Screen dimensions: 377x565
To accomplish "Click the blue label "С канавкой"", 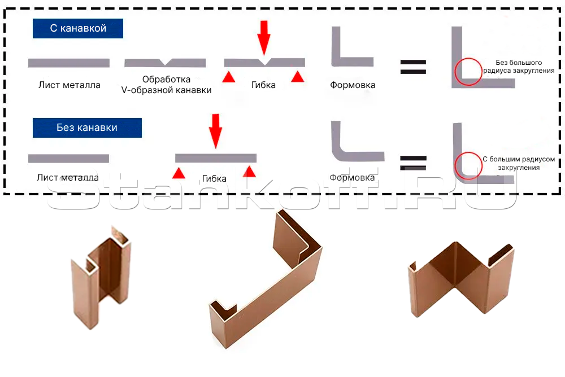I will coord(78,28).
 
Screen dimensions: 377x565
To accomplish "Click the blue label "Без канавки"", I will coord(87,128).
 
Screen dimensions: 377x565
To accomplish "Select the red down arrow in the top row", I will coord(264,36).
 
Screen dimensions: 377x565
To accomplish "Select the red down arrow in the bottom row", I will coord(215,130).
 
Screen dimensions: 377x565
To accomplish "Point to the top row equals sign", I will coord(414,67).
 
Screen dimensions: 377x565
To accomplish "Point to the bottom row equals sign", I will coord(414,163).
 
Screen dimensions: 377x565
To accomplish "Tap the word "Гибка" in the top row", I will coord(263,85).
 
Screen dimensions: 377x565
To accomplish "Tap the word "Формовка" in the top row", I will coord(353,85).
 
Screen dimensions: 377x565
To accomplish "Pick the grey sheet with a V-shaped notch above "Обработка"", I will coord(165,62).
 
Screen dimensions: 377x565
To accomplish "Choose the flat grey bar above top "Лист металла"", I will coord(69,63).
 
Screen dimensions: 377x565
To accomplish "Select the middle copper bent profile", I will coord(266,282).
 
